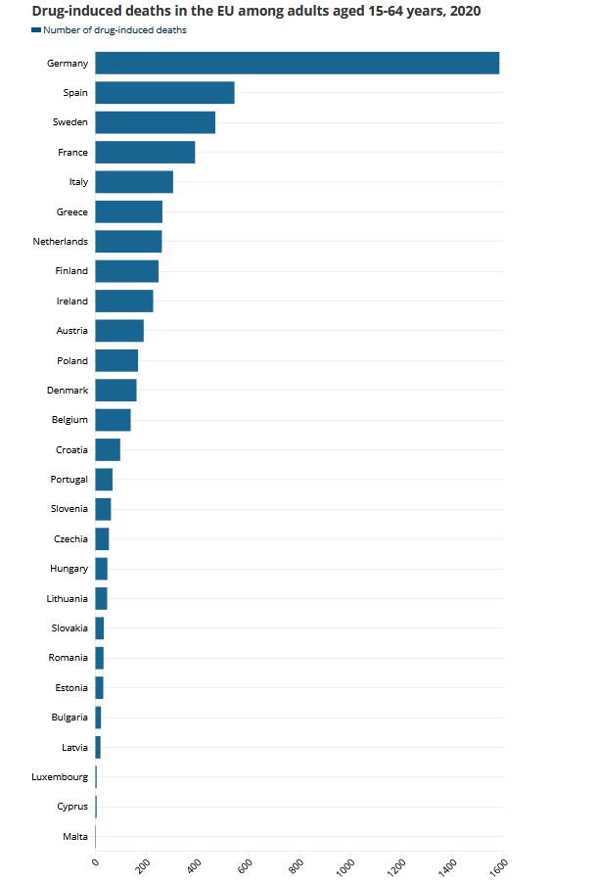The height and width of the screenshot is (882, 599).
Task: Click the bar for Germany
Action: [x=297, y=64]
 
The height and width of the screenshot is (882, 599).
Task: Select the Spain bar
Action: [x=164, y=93]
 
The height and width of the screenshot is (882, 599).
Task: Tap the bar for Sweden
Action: [x=155, y=122]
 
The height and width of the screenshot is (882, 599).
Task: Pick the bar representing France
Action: [x=145, y=153]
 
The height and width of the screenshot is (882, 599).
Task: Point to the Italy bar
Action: [x=134, y=182]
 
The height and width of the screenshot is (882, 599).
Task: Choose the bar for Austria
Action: [x=119, y=331]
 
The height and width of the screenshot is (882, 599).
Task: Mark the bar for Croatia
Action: [x=108, y=450]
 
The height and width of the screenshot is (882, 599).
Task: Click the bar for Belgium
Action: [x=113, y=420]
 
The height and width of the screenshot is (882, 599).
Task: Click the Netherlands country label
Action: [x=61, y=242]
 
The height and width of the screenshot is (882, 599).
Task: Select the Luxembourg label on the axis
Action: [x=60, y=777]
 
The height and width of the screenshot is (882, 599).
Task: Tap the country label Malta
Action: [x=75, y=837]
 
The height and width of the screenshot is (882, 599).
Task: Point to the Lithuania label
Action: [x=67, y=599]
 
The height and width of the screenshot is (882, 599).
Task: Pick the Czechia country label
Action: [x=70, y=539]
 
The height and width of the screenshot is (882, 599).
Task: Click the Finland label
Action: [x=71, y=271]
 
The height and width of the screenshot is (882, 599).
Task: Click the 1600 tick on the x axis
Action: [x=498, y=865]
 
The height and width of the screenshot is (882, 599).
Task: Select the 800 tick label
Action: [x=297, y=864]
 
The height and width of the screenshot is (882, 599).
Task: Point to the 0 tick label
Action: [x=95, y=861]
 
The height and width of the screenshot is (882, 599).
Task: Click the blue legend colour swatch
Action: [x=36, y=30]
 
